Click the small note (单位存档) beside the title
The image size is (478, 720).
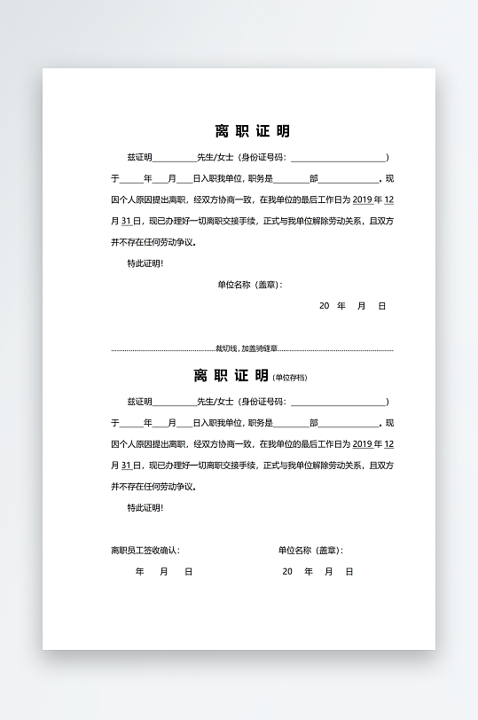tap(290, 378)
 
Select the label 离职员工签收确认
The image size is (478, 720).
tap(145, 551)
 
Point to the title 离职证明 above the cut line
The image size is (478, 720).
tap(252, 132)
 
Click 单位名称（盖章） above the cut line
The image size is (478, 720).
tap(249, 286)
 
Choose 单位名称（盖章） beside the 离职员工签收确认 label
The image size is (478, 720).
tap(310, 551)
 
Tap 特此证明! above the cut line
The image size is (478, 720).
tap(145, 263)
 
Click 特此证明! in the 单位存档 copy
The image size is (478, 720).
tap(145, 508)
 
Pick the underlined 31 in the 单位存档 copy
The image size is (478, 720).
tap(126, 466)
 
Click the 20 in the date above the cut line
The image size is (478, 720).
tap(325, 306)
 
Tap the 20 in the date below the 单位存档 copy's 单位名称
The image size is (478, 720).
tap(287, 572)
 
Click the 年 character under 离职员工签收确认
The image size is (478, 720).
tap(139, 572)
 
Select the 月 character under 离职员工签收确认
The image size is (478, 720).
tap(164, 572)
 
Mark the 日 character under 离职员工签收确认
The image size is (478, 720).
tap(188, 572)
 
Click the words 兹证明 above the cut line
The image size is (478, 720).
tap(140, 157)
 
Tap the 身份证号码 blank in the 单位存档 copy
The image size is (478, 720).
tap(338, 403)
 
